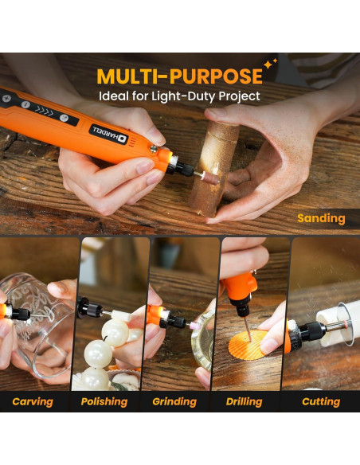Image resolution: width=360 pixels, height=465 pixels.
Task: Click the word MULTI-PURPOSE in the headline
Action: [180, 76]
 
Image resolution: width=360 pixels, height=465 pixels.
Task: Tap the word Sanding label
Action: [321, 218]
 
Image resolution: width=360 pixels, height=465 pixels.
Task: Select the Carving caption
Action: [33, 401]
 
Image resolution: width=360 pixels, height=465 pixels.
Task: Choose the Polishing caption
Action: [104, 401]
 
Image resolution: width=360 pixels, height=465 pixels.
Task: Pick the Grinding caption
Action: [174, 401]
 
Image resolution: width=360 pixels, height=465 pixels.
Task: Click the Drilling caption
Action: [244, 401]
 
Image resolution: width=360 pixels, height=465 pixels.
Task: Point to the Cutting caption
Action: [321, 401]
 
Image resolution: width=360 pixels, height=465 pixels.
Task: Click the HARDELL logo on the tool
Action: [109, 134]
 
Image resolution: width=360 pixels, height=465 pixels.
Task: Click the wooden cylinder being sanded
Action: [213, 169]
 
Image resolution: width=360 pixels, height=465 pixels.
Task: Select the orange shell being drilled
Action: [248, 345]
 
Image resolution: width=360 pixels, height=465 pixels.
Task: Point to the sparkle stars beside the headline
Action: [271, 64]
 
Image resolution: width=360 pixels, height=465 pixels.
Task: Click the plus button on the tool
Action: [6, 98]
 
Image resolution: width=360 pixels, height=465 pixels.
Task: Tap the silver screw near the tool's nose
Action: [154, 150]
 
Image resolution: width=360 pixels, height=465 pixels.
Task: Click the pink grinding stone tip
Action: [196, 325]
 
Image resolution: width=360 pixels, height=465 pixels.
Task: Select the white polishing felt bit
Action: [121, 315]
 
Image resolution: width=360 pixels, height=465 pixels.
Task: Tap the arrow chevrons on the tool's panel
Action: [44, 111]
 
